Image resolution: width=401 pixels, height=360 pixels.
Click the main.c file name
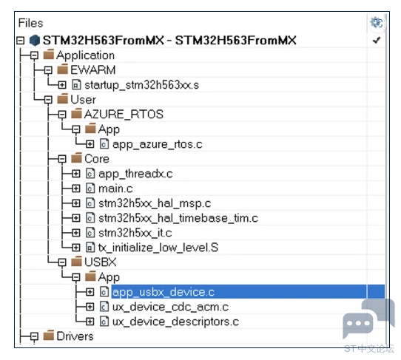click(x=115, y=189)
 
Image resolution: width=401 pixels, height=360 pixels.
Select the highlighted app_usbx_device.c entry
click(x=164, y=292)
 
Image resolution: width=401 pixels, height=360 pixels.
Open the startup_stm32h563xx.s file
click(x=141, y=85)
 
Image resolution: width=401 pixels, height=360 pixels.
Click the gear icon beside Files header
click(x=376, y=23)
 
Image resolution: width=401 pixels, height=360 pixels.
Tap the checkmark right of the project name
click(x=377, y=40)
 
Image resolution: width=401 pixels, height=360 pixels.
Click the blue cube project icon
click(x=35, y=41)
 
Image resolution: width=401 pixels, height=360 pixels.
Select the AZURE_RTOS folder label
click(x=124, y=114)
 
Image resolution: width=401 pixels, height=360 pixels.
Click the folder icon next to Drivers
click(x=49, y=335)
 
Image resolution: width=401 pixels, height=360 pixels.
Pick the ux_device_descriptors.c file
click(x=175, y=322)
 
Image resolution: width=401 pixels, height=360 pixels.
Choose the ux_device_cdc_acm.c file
click(x=170, y=307)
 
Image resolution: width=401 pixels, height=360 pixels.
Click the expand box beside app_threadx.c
click(x=76, y=174)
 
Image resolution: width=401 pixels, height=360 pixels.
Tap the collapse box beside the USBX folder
click(x=62, y=262)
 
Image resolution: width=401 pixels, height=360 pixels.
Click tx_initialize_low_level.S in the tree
click(x=158, y=248)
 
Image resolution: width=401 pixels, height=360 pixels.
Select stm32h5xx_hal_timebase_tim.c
click(x=178, y=218)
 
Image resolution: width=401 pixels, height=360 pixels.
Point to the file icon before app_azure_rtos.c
click(x=104, y=144)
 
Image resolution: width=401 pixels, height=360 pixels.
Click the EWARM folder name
click(x=92, y=70)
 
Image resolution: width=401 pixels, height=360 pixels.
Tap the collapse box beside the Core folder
click(x=62, y=159)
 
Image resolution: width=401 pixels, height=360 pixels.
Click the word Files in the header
click(x=30, y=23)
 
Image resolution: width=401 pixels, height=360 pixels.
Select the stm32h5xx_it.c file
click(x=135, y=233)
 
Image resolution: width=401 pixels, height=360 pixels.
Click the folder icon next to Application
click(x=49, y=54)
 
